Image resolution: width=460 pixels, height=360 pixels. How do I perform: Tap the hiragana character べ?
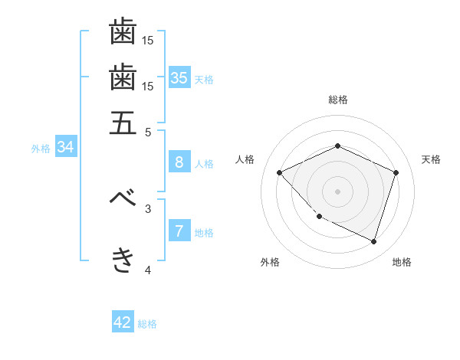[123, 197]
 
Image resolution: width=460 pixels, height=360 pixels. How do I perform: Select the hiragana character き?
[123, 260]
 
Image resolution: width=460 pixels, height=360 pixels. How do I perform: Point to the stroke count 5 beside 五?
[149, 131]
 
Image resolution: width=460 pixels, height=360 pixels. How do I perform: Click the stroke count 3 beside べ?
[149, 208]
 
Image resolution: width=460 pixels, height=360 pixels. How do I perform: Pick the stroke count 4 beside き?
[149, 270]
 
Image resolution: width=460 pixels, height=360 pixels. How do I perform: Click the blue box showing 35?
[179, 77]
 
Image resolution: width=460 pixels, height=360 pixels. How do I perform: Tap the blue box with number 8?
[179, 162]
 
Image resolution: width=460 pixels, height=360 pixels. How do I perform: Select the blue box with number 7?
[179, 231]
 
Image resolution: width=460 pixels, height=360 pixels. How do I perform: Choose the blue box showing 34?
[65, 147]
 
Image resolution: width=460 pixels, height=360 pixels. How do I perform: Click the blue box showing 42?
[123, 322]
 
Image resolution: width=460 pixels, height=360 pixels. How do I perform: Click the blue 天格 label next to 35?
[204, 80]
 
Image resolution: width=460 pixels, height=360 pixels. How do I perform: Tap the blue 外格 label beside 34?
[41, 149]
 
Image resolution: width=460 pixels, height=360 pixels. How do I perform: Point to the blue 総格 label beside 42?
[147, 324]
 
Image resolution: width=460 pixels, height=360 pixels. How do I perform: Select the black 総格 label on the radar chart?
[337, 100]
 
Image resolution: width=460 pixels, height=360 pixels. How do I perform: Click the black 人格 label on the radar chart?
[245, 159]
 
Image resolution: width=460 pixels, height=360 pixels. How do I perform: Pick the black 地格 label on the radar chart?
[402, 262]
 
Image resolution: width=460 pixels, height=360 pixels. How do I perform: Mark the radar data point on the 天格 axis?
[396, 172]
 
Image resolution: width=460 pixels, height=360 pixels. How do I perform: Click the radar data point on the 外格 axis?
[319, 217]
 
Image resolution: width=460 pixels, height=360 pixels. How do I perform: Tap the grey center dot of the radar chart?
[337, 191]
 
